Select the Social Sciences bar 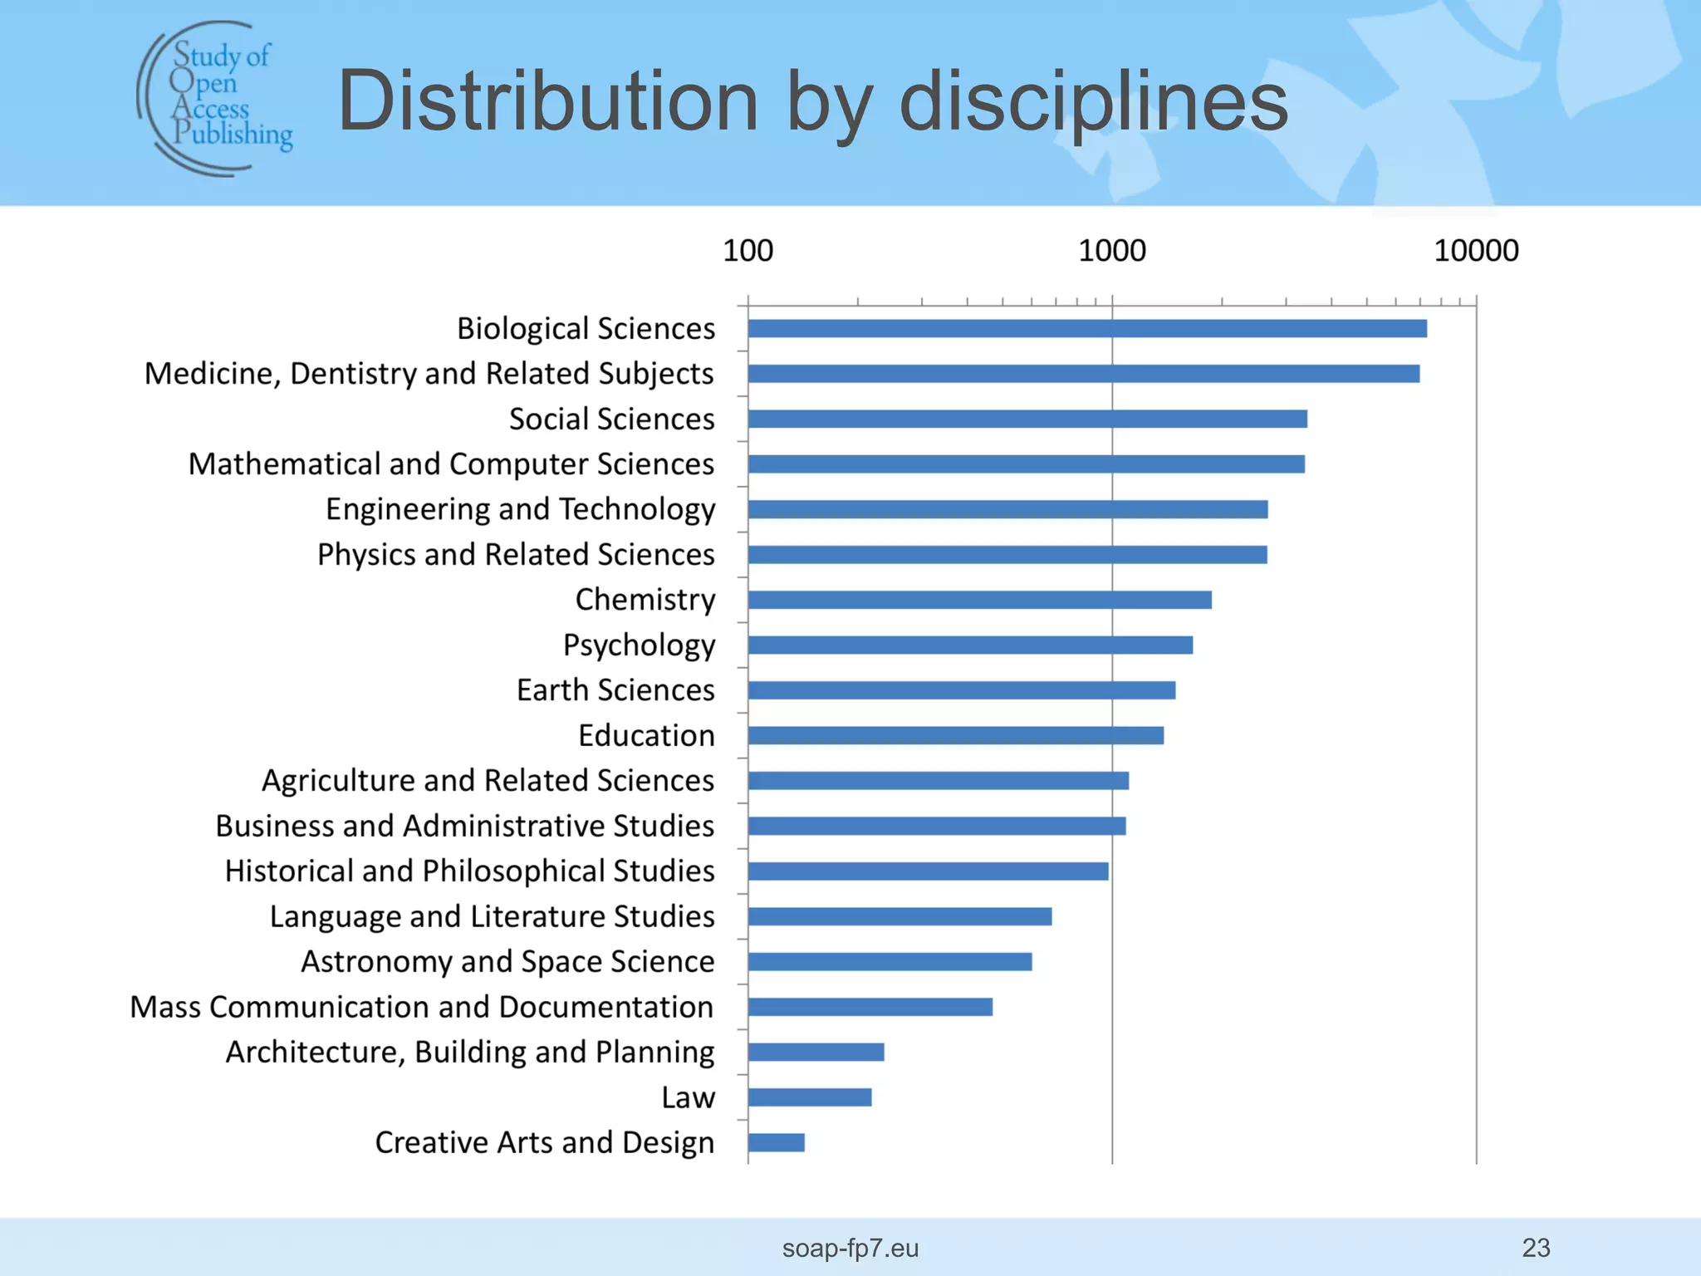(x=1027, y=419)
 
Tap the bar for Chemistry (x=979, y=600)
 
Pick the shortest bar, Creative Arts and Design (x=777, y=1142)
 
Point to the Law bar (x=810, y=1097)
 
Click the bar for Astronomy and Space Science (x=890, y=962)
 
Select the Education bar (x=955, y=735)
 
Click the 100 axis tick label (x=748, y=251)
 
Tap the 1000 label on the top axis (x=1111, y=251)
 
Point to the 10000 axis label (x=1476, y=251)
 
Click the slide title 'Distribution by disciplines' (x=812, y=101)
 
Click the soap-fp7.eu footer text (x=850, y=1248)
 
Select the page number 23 (x=1536, y=1248)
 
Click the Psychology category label (x=639, y=645)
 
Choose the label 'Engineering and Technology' (x=520, y=509)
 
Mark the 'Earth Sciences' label (x=615, y=690)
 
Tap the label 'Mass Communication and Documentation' (x=422, y=1007)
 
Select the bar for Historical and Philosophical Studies (x=928, y=871)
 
